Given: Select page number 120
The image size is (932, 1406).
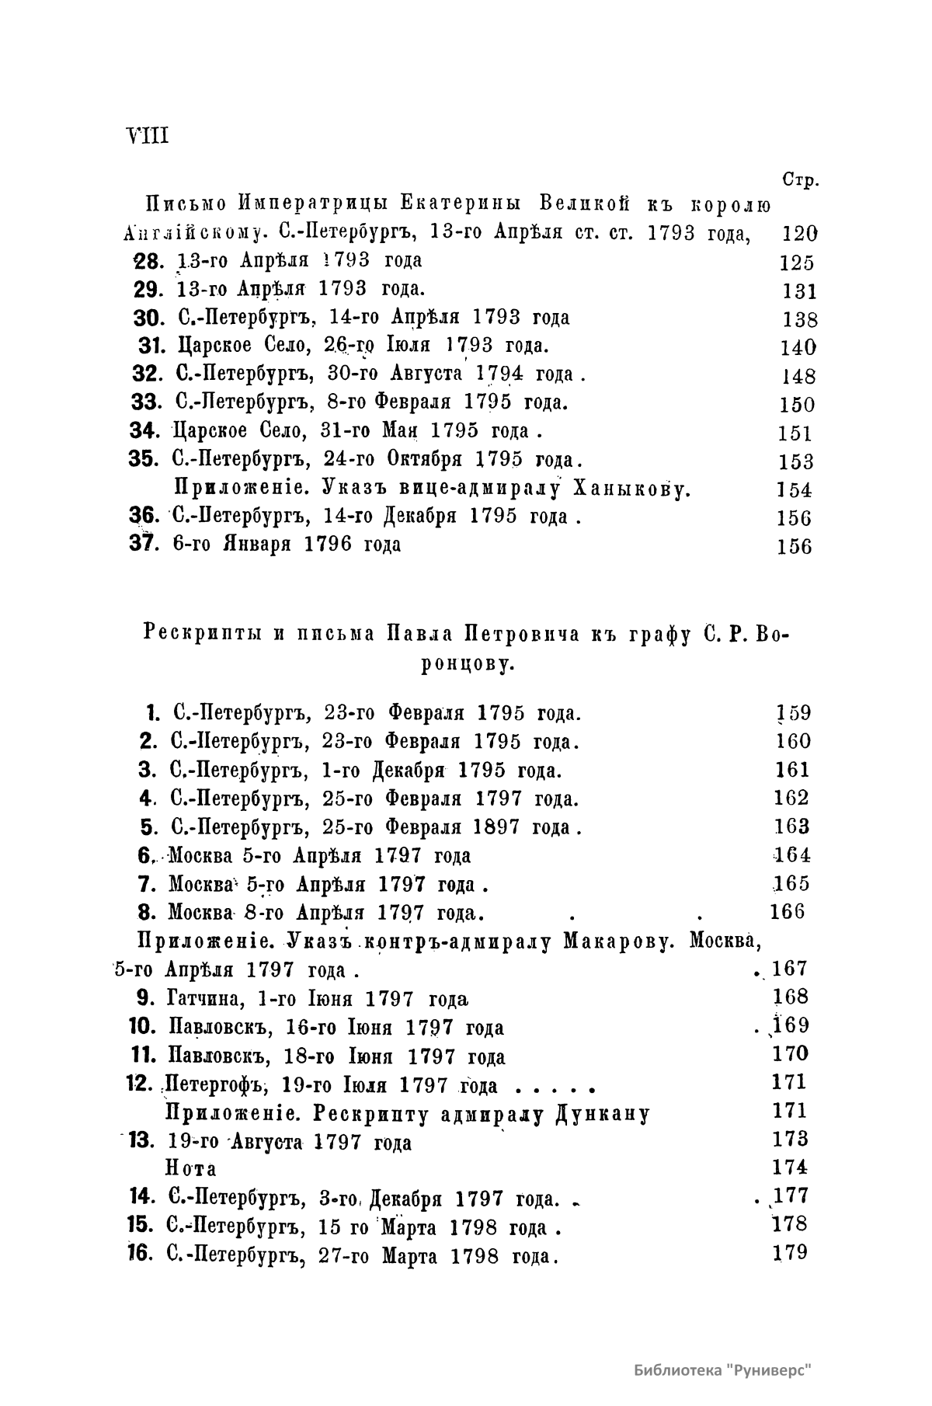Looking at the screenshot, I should click(796, 233).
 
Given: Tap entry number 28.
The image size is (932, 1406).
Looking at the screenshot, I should click(146, 261).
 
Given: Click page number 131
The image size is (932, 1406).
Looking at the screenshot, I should click(799, 291).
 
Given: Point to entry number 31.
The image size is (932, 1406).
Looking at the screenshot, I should click(148, 346).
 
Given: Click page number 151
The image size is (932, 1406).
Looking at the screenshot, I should click(794, 433).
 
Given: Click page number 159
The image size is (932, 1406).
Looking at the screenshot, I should click(793, 713).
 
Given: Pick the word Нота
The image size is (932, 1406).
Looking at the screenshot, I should click(191, 1168).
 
